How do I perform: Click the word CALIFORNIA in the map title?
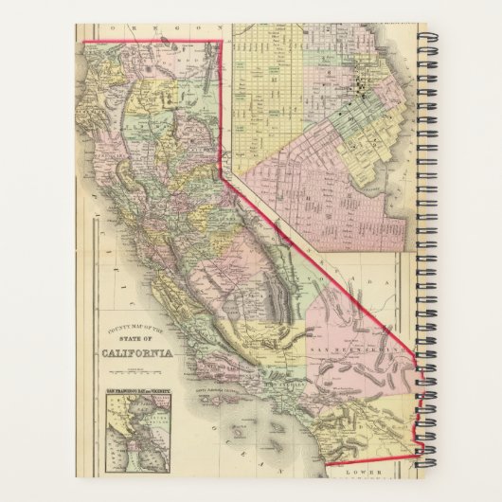click(x=138, y=356)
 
